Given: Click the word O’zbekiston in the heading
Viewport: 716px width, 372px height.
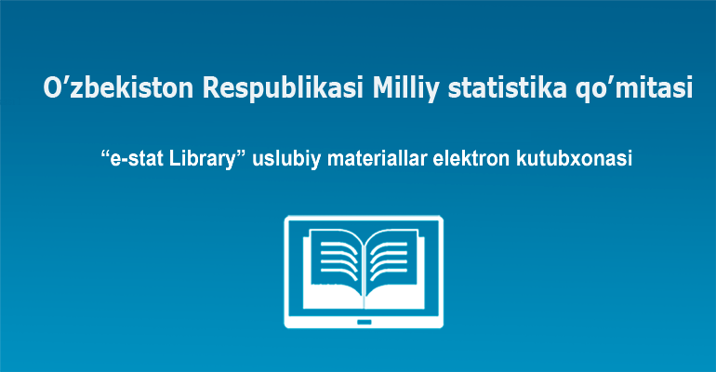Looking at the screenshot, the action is coord(118,87).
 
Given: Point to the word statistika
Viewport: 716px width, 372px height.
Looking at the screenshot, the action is coord(508,87).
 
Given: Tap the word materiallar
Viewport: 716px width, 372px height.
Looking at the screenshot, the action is coord(378,159).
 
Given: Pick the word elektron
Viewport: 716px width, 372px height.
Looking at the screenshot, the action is coord(471,159).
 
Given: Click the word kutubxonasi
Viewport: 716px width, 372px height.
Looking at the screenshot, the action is coord(574,159).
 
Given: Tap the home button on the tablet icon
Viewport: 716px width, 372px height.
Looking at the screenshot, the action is coord(364,323).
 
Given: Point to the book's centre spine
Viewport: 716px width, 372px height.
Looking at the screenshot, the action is coord(365,273).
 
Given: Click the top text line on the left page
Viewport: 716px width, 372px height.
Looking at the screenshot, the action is coord(338,246).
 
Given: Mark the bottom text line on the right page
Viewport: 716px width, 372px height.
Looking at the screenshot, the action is coord(389,273).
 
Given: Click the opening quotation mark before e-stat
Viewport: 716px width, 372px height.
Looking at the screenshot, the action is coord(105,154).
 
